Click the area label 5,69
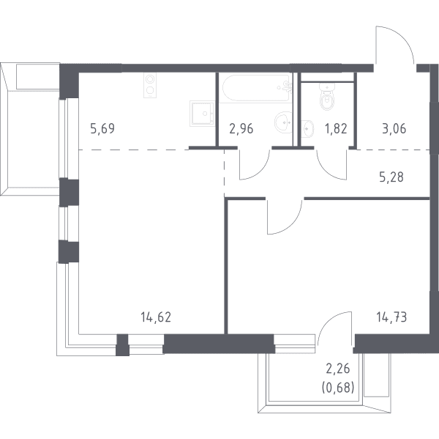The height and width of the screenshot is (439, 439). click(x=102, y=129)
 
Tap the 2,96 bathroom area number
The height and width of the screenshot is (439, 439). click(x=241, y=129)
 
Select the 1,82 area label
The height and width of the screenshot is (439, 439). click(x=336, y=129)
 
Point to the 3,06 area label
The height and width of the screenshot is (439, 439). click(x=394, y=129)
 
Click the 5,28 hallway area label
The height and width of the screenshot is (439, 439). click(x=391, y=177)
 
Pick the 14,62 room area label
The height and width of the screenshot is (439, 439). click(x=156, y=317)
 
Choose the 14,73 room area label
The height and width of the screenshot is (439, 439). click(x=391, y=317)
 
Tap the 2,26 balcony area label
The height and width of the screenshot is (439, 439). click(x=338, y=369)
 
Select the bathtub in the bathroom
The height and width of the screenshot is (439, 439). click(x=256, y=88)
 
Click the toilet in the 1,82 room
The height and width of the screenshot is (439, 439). click(x=326, y=96)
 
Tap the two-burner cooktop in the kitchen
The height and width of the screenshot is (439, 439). click(x=150, y=85)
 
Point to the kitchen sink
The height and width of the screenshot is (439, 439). click(x=202, y=113)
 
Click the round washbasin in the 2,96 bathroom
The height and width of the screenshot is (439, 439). click(x=283, y=122)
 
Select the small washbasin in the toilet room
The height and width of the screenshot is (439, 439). click(x=307, y=129)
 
